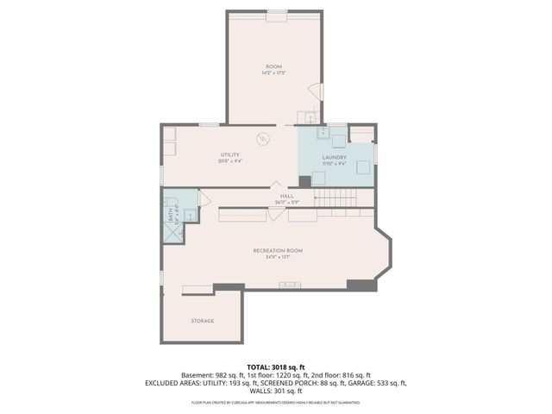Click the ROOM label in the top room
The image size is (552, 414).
pyautogui.click(x=273, y=67)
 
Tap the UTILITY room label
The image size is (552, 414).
pyautogui.click(x=229, y=154)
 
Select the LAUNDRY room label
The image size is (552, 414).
pyautogui.click(x=334, y=157)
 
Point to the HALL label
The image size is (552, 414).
pyautogui.click(x=286, y=197)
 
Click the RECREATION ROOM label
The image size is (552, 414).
pyautogui.click(x=278, y=251)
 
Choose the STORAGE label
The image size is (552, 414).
pyautogui.click(x=202, y=321)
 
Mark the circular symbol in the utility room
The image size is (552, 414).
pyautogui.click(x=263, y=138)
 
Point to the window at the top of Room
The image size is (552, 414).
pyautogui.click(x=277, y=12)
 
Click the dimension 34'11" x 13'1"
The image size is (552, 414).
pyautogui.click(x=278, y=257)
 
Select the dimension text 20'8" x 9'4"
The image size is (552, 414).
pyautogui.click(x=229, y=160)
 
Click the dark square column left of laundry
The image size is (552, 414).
pyautogui.click(x=304, y=181)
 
